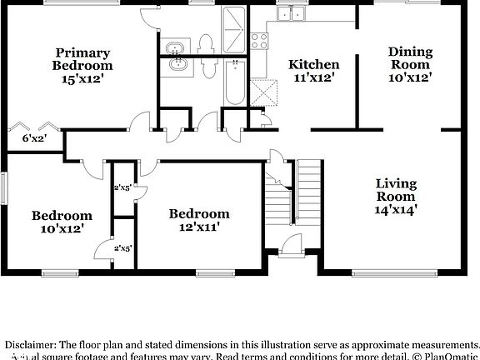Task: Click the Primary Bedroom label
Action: click(x=82, y=57)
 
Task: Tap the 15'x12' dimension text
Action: click(x=82, y=79)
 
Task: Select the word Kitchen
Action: click(x=313, y=64)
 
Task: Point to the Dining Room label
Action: click(x=409, y=57)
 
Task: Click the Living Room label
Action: click(x=395, y=189)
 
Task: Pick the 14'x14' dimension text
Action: click(x=395, y=210)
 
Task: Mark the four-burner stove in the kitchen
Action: click(x=258, y=37)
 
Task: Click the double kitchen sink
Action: click(x=292, y=12)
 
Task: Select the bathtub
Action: click(x=235, y=83)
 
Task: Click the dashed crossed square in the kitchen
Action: click(x=266, y=91)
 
